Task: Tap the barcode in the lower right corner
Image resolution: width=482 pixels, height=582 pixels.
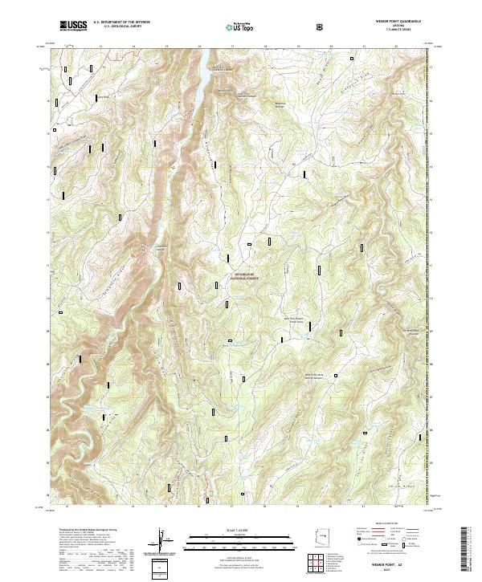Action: coord(466,554)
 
